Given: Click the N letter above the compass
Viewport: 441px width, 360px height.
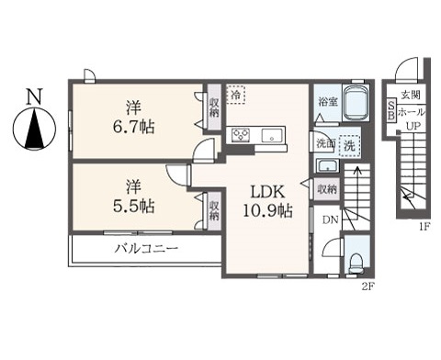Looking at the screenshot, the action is point(34,96).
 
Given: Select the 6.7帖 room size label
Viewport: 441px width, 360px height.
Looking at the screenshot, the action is point(133,127).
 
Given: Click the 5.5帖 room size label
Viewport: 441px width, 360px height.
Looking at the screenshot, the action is point(133,206).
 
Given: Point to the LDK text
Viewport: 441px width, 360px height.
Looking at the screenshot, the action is point(267,192).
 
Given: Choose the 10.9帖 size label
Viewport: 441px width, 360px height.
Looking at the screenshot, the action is point(267,210).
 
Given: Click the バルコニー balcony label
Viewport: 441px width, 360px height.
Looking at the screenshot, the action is point(146,248).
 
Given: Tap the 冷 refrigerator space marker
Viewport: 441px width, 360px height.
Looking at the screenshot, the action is point(236,95).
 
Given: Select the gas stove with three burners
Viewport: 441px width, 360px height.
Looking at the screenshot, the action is point(241,135).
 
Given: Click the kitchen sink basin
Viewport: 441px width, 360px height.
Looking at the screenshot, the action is point(272,135).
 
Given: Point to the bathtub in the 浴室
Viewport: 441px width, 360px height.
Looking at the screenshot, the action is point(356,103).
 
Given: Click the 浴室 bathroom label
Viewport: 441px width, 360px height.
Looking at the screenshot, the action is point(328,102).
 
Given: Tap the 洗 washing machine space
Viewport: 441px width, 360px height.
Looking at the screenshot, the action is point(349,146).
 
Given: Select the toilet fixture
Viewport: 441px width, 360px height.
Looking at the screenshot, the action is point(356,263).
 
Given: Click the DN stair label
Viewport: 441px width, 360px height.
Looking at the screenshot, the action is point(330,219).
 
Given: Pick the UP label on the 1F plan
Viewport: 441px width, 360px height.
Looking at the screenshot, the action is point(413,126).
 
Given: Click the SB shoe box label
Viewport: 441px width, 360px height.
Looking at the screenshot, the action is point(391,110).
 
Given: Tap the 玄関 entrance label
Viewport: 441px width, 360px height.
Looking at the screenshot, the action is point(411,96).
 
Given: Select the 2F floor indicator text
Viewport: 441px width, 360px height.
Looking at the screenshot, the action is point(367,287).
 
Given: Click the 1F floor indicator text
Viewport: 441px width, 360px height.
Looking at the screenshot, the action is point(425,227).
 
